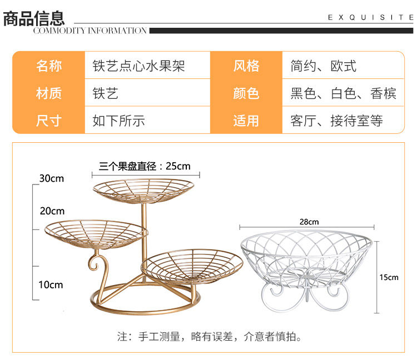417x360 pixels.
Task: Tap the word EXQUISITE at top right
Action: tap(370, 17)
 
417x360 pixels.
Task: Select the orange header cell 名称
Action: tap(49, 66)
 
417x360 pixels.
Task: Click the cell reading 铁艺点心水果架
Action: tap(138, 66)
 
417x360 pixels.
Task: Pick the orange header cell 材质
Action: tap(49, 93)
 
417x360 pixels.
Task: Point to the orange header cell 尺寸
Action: tap(49, 120)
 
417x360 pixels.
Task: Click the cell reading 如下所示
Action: tap(118, 121)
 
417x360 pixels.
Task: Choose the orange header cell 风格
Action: tap(246, 66)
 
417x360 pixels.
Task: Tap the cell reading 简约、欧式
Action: tap(324, 66)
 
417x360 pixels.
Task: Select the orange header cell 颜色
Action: tap(246, 93)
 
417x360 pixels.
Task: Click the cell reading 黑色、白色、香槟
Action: tap(344, 93)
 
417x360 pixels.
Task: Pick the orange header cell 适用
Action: tap(246, 120)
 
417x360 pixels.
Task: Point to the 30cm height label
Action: tap(52, 178)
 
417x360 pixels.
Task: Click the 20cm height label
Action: tap(52, 211)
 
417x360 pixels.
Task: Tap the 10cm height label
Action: tap(51, 285)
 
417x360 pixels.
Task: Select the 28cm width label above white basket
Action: tap(309, 222)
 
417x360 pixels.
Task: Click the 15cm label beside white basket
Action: tap(389, 277)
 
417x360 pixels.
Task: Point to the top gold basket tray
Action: tap(143, 189)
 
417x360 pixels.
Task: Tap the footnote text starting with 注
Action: tap(209, 337)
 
